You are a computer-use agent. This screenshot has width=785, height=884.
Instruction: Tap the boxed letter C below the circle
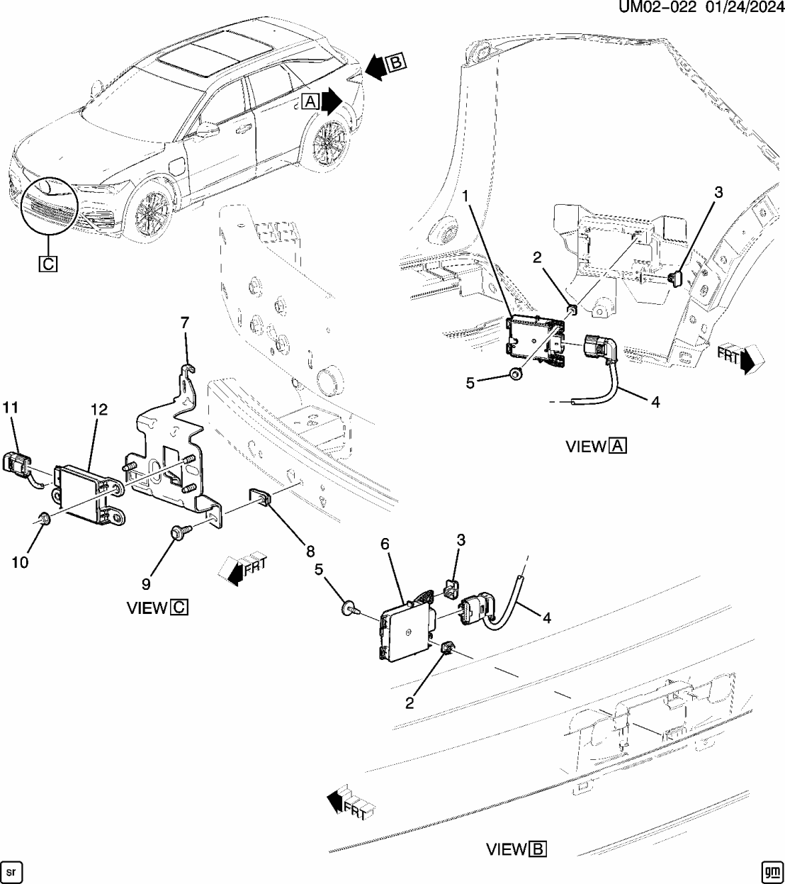tap(47, 264)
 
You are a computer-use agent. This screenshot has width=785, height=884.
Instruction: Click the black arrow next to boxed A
tap(331, 101)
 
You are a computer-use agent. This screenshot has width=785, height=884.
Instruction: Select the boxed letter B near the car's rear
tap(396, 63)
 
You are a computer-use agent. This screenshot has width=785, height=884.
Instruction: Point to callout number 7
tap(185, 323)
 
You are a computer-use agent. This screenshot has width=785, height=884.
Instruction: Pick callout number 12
tap(98, 409)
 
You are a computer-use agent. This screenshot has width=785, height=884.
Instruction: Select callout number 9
tap(147, 584)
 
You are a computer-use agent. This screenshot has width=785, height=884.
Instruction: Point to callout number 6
tap(385, 544)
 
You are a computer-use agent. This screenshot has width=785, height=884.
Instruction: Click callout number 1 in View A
tap(465, 194)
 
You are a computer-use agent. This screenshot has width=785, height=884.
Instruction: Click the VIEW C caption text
tap(157, 608)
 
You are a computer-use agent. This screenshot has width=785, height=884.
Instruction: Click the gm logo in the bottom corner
tap(772, 871)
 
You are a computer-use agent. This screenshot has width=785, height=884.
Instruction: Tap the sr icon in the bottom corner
tap(11, 871)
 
